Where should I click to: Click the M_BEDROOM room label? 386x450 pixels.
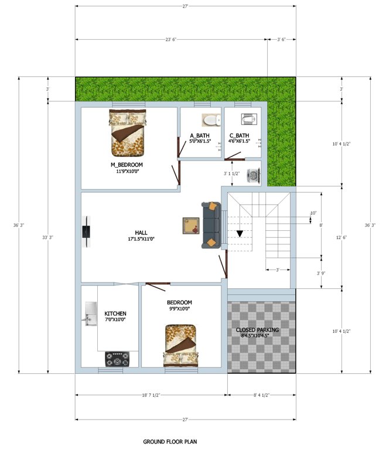pyautogui.click(x=127, y=165)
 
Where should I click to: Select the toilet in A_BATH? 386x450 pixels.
pyautogui.click(x=210, y=121)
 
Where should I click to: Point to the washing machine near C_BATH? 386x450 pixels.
pyautogui.click(x=254, y=176)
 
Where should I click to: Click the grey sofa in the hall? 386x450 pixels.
pyautogui.click(x=211, y=225)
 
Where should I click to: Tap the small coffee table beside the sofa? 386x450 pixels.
pyautogui.click(x=191, y=225)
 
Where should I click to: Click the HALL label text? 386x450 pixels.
pyautogui.click(x=141, y=233)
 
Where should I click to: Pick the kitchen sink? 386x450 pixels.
pyautogui.click(x=90, y=315)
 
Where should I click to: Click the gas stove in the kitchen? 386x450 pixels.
pyautogui.click(x=117, y=358)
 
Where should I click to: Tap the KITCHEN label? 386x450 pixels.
pyautogui.click(x=115, y=313)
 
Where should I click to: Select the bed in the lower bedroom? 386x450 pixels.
pyautogui.click(x=181, y=346)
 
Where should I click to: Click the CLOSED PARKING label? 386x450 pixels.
pyautogui.click(x=258, y=330)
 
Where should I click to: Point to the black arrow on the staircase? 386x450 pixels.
pyautogui.click(x=240, y=234)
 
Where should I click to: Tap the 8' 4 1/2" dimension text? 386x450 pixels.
pyautogui.click(x=261, y=394)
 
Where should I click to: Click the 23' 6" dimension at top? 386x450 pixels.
pyautogui.click(x=170, y=39)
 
